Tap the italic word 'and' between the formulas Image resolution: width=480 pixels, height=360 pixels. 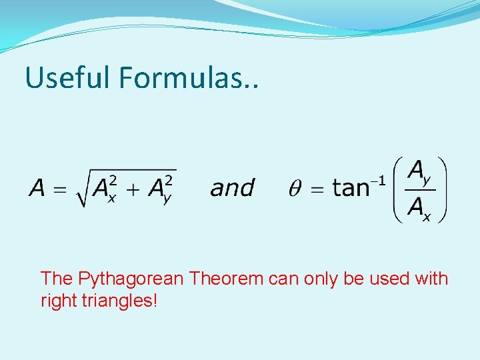232,188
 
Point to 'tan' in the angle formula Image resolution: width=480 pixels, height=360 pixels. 352,188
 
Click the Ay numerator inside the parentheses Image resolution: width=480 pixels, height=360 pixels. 419,173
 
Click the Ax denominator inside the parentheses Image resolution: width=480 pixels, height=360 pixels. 419,207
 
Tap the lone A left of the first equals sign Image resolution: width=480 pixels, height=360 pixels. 36,189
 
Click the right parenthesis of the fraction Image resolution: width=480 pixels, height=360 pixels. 442,189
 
